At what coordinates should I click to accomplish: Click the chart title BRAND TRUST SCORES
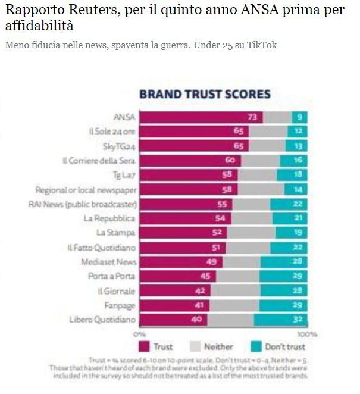tap(205, 94)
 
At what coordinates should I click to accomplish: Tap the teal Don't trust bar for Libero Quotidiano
tap(281, 320)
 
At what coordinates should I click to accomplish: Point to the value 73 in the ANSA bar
tap(252, 117)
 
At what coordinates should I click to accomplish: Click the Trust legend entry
tap(156, 346)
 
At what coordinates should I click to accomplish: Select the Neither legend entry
tap(211, 346)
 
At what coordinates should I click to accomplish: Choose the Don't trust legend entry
tap(276, 346)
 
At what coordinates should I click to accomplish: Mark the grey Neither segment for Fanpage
tap(231, 305)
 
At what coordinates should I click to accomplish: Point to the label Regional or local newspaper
tap(86, 190)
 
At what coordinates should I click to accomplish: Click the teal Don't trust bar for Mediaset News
tap(284, 262)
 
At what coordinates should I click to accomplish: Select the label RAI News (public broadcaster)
tap(83, 204)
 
